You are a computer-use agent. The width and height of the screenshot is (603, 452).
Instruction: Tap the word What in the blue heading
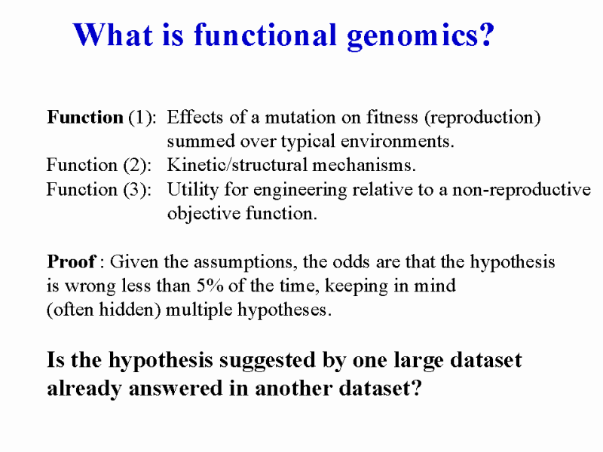(113, 35)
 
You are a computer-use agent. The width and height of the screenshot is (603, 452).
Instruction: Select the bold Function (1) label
(102, 118)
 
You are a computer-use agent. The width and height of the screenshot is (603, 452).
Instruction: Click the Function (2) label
(99, 165)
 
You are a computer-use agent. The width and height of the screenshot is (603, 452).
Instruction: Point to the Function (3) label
(99, 190)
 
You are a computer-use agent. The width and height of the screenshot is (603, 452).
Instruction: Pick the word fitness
(392, 118)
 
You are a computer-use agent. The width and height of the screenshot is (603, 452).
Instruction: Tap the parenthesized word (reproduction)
(482, 118)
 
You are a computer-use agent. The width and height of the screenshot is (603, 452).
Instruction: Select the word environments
(397, 142)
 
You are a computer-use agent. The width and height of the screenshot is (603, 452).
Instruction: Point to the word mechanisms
(364, 165)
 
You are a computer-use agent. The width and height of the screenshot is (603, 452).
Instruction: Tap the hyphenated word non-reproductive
(522, 191)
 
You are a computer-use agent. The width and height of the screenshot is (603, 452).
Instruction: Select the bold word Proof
(71, 261)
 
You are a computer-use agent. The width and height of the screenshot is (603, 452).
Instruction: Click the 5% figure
(210, 286)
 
